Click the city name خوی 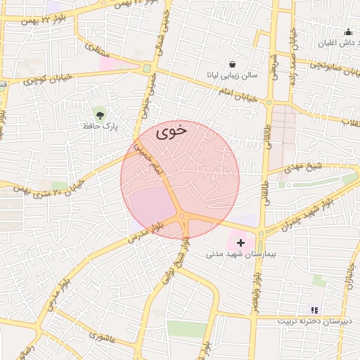coord(172,130)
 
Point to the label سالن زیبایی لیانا coord(232,74)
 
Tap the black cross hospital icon coord(240,242)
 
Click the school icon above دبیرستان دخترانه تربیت coord(314,310)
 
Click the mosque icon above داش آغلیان coord(348,32)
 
